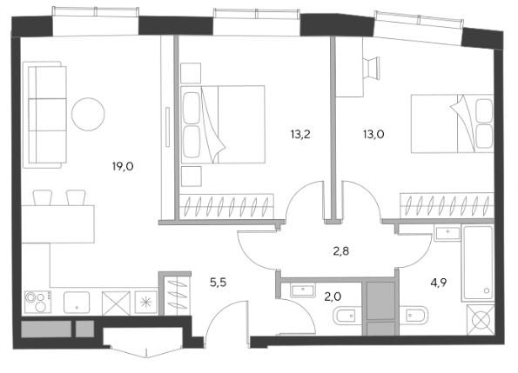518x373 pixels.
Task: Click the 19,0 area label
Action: click(x=123, y=167)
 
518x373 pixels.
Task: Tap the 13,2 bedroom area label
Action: click(x=300, y=135)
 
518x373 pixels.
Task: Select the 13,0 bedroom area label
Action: click(x=373, y=135)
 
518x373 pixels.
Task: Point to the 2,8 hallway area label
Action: click(x=341, y=251)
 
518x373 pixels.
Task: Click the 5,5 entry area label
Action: click(x=219, y=283)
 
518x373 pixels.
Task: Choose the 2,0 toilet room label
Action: click(x=333, y=297)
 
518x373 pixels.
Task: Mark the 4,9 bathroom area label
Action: click(x=439, y=283)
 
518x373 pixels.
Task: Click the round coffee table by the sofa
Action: click(x=88, y=114)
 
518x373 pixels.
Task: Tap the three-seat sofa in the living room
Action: click(x=45, y=115)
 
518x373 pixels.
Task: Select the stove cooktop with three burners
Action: click(x=37, y=302)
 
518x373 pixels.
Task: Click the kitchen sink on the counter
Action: click(x=77, y=302)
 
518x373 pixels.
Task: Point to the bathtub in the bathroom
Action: click(x=478, y=263)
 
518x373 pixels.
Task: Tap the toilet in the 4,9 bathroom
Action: click(x=414, y=316)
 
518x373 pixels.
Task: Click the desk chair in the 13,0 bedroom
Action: click(x=372, y=68)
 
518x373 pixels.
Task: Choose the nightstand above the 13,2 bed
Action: click(x=191, y=73)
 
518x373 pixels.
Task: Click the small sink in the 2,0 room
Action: click(x=303, y=290)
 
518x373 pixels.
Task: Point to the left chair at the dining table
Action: click(x=43, y=197)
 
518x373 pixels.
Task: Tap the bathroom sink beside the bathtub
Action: click(x=447, y=234)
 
